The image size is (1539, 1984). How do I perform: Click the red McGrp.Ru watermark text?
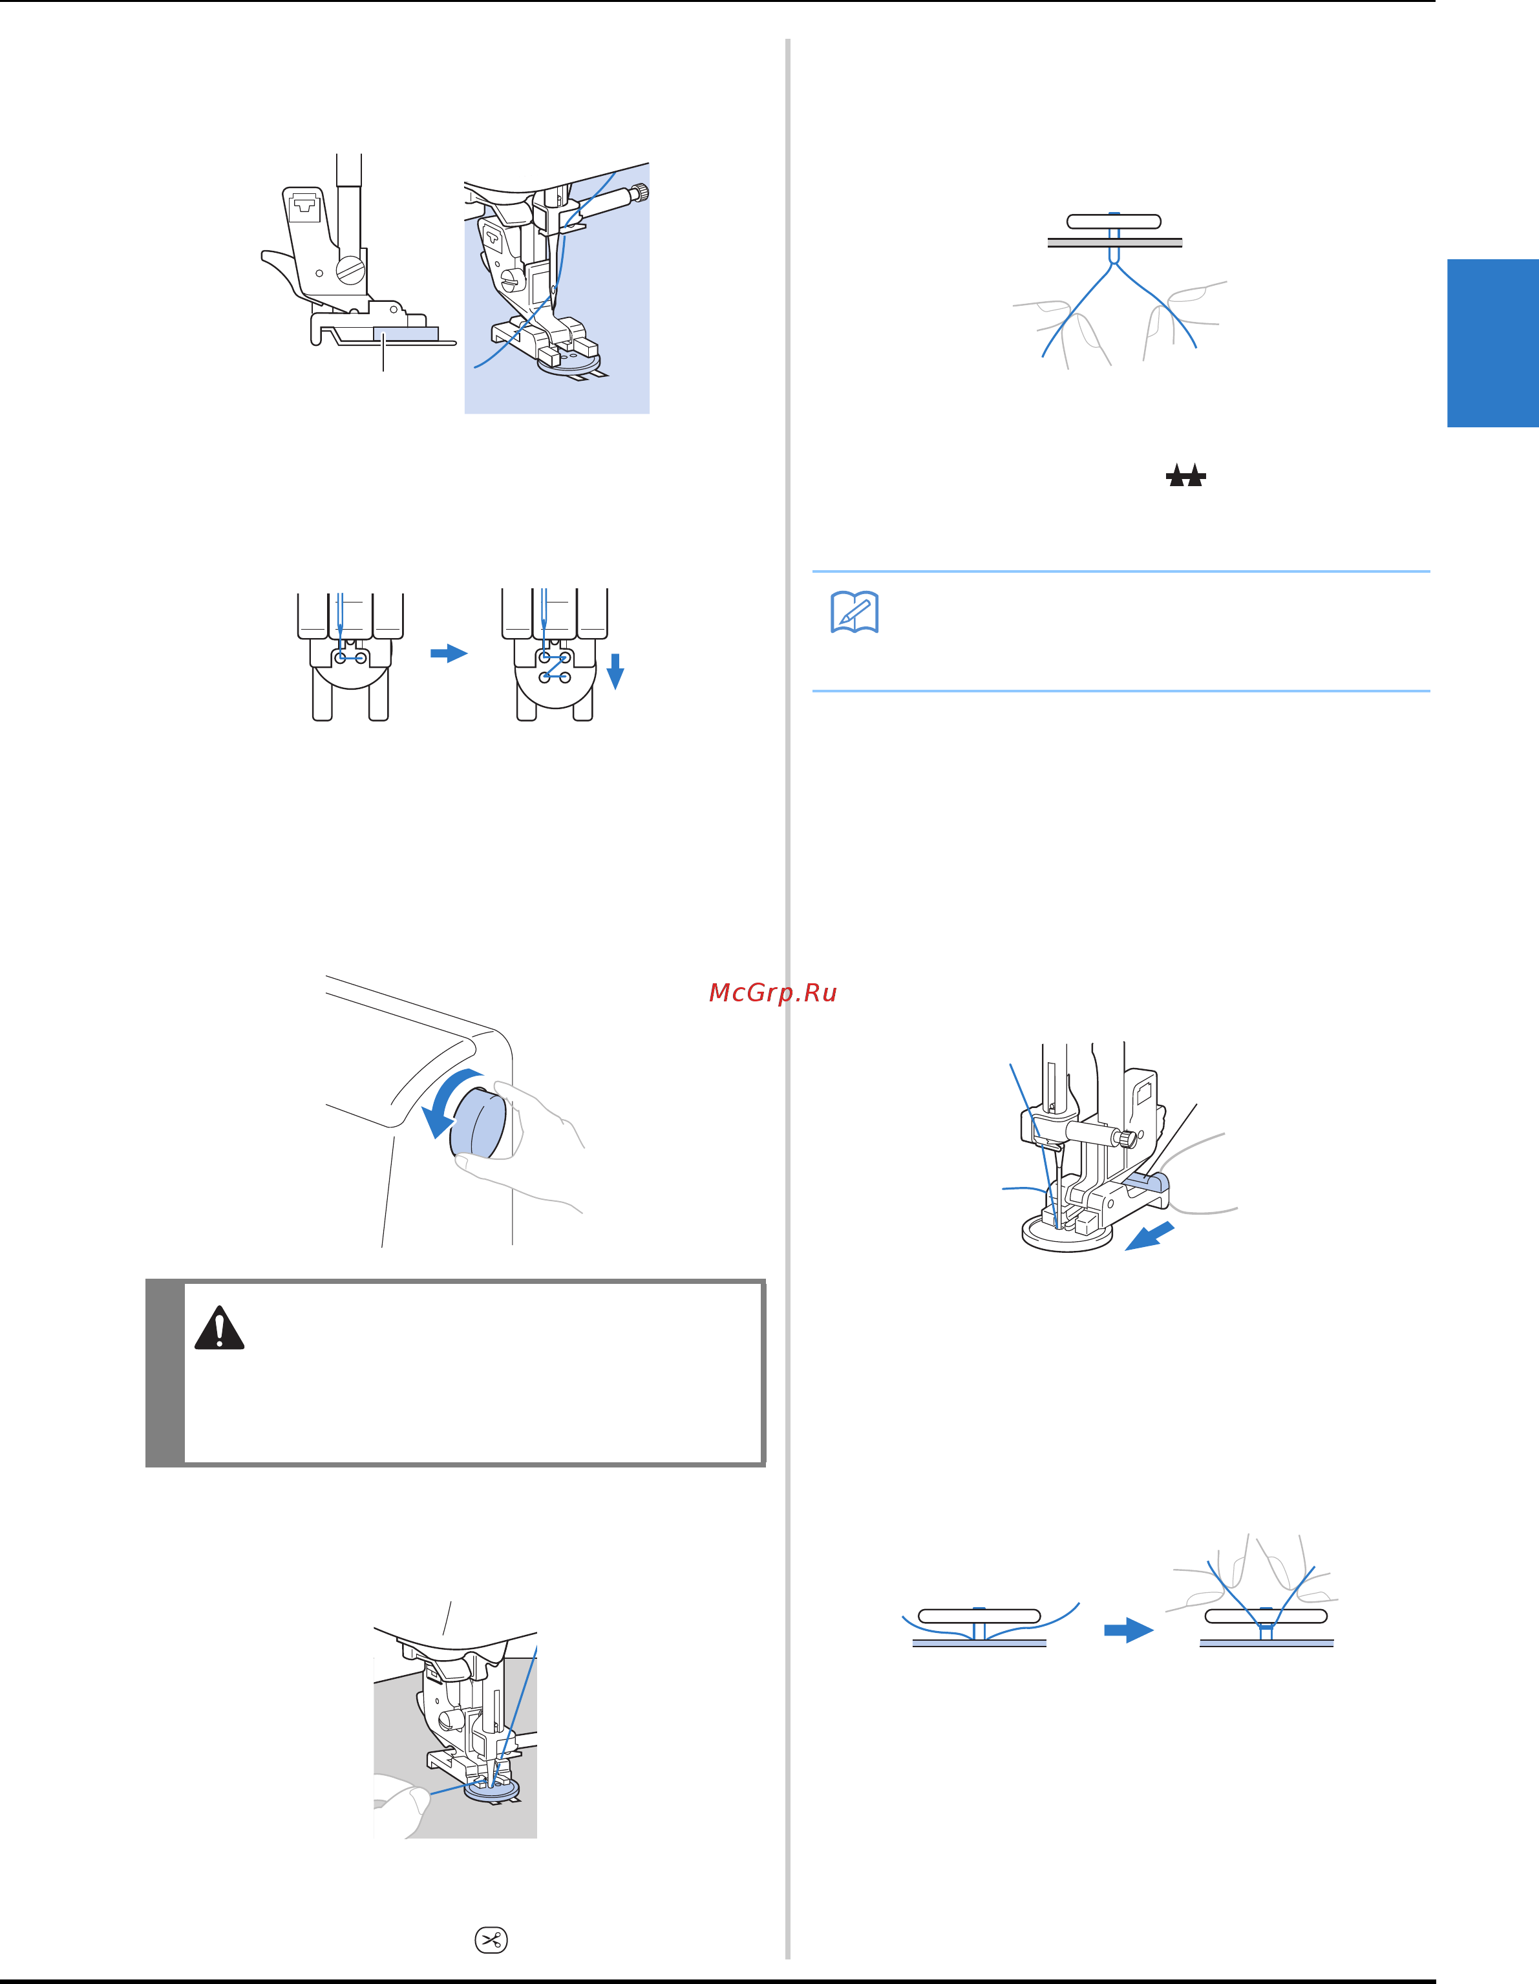coord(772,993)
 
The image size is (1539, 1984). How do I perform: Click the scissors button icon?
coord(491,1939)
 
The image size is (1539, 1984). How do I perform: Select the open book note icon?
coord(854,612)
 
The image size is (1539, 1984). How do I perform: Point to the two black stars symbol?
coord(1185,475)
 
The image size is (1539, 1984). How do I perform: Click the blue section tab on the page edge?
coord(1492,343)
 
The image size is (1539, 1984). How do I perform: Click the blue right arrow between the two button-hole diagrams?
coord(449,653)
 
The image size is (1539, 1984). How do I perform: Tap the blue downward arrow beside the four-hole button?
coord(615,671)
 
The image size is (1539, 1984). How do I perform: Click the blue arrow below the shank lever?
coord(1149,1237)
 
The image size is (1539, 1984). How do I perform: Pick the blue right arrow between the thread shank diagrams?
coord(1129,1630)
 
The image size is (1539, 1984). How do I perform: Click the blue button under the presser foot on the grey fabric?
coord(491,1789)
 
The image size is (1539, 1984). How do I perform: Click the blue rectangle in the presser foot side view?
coord(405,334)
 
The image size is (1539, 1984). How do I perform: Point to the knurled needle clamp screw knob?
coord(641,192)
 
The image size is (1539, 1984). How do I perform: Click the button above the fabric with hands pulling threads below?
coord(1114,220)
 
